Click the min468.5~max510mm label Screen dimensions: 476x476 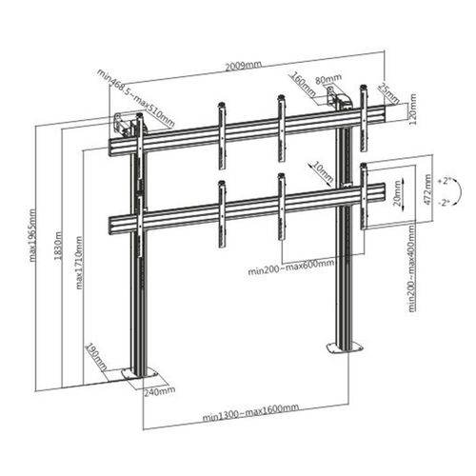[x=135, y=97]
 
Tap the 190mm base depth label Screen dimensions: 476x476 [x=92, y=354]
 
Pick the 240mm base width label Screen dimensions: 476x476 [x=161, y=389]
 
